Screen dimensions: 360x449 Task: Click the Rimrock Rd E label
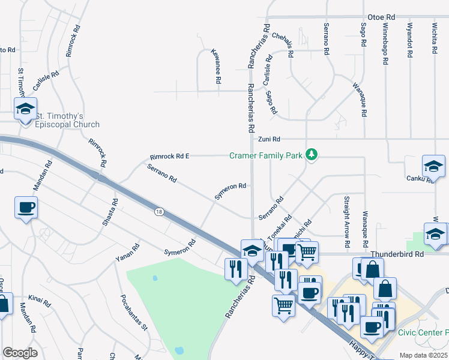[x=169, y=156]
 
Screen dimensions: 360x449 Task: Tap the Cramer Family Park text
[x=266, y=155]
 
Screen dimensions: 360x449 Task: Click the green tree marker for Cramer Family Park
[x=311, y=155]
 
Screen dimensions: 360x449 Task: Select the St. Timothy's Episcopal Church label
[x=67, y=120]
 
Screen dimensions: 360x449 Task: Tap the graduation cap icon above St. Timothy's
[x=25, y=109]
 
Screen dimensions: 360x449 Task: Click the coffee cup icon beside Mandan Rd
[x=26, y=208]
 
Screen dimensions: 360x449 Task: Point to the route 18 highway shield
[x=158, y=211]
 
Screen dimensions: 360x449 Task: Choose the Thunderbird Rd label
[x=397, y=254]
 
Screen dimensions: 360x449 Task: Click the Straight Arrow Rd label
[x=347, y=221]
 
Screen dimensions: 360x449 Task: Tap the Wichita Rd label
[x=434, y=41]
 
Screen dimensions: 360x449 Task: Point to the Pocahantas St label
[x=134, y=312]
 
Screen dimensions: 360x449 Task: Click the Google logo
[x=20, y=352]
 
